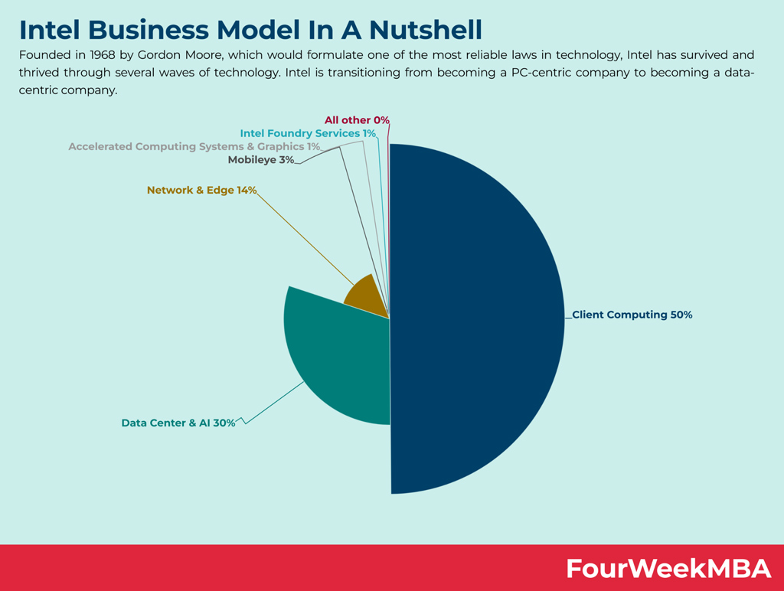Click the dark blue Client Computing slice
tap(475, 322)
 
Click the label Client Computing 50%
tap(632, 315)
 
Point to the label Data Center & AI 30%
tap(178, 423)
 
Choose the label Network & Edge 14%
tap(202, 190)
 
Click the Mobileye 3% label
tap(261, 160)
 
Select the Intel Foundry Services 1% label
tap(308, 133)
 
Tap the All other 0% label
tap(357, 120)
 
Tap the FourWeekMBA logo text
tap(668, 569)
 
